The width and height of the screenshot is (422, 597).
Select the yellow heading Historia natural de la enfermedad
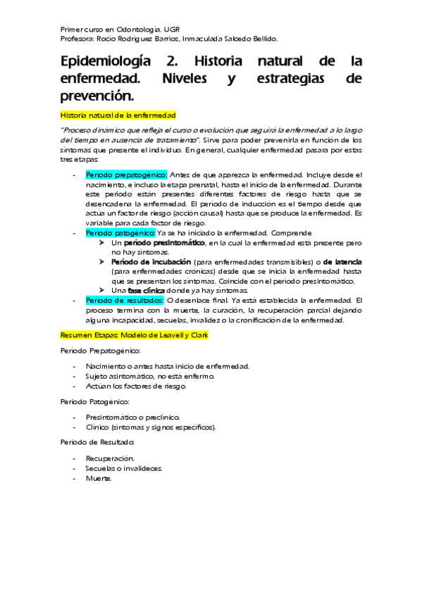(x=118, y=114)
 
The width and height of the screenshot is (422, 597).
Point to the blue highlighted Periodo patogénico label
(x=120, y=232)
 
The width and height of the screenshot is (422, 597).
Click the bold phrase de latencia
(x=342, y=261)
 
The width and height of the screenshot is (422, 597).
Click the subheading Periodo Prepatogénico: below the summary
(x=101, y=350)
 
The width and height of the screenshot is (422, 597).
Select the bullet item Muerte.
(x=99, y=478)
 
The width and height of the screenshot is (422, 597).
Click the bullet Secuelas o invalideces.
(x=123, y=467)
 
